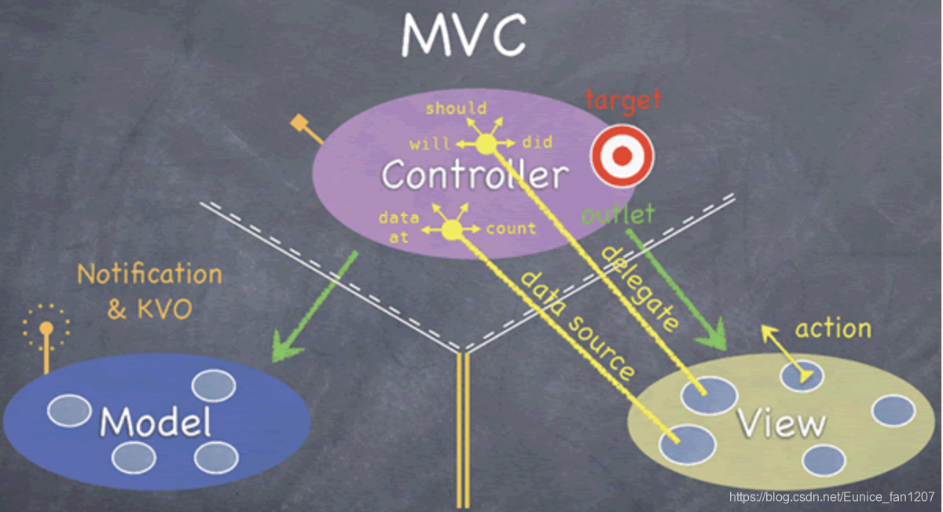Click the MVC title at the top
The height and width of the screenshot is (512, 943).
[x=464, y=35]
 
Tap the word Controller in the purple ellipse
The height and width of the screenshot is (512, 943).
[x=475, y=175]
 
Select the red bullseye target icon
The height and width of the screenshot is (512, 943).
[x=622, y=155]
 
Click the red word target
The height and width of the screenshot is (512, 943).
[x=624, y=101]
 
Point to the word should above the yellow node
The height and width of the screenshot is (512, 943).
[x=456, y=109]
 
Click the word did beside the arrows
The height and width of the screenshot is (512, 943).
[x=538, y=143]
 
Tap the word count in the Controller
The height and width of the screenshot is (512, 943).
[x=512, y=229]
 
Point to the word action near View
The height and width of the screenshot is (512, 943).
[x=833, y=328]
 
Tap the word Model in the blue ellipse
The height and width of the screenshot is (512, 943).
[x=156, y=422]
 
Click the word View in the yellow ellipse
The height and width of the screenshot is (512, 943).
[x=781, y=424]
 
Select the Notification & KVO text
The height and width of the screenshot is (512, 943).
[x=149, y=291]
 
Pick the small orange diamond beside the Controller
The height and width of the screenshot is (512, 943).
[x=299, y=123]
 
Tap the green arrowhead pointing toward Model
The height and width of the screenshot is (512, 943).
[x=281, y=347]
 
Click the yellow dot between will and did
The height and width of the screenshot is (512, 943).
[x=486, y=144]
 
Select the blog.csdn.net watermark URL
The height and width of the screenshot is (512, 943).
[x=831, y=496]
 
